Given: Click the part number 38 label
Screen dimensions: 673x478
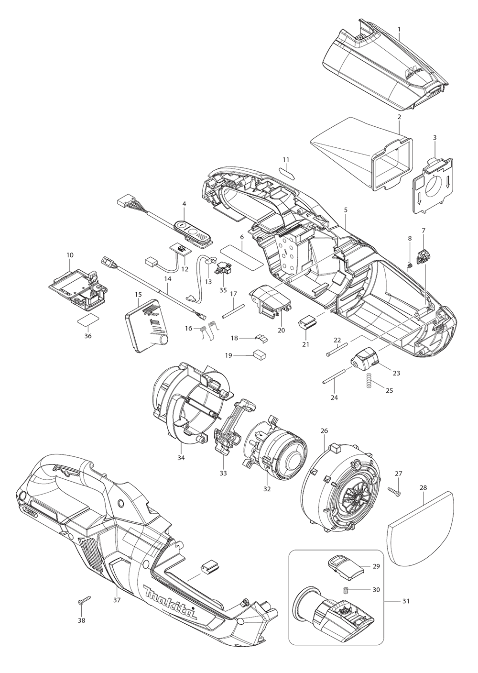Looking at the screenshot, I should click(x=82, y=620).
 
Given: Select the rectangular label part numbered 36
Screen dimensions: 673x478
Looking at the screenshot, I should click(x=88, y=320).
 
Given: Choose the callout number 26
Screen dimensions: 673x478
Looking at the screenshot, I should click(x=324, y=431).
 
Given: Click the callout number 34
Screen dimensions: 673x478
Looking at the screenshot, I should click(x=180, y=458).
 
